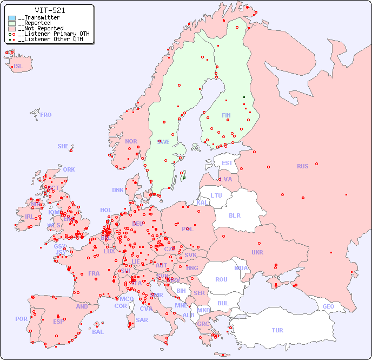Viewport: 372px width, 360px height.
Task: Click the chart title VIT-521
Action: (x=50, y=10)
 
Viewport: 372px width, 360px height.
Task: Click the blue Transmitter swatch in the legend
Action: (x=12, y=18)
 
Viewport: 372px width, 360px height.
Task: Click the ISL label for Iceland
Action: (x=18, y=67)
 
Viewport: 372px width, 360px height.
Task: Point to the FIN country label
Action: (x=226, y=115)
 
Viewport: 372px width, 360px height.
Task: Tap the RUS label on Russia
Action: (x=302, y=166)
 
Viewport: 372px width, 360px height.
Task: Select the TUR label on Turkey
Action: (x=277, y=330)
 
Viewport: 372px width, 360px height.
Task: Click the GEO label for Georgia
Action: (x=328, y=306)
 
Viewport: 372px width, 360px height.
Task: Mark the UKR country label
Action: (x=257, y=252)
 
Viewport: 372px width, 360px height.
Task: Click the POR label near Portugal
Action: (x=21, y=319)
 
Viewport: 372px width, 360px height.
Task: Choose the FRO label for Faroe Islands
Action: (x=46, y=115)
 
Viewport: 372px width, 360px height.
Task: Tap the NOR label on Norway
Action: (x=131, y=141)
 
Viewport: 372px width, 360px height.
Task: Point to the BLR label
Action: (x=235, y=215)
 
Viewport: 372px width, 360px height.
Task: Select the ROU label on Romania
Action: (x=221, y=279)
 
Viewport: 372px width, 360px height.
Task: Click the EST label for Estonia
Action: (x=227, y=163)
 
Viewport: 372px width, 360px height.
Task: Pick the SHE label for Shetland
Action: (x=63, y=146)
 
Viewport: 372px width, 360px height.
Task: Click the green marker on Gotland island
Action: (x=184, y=178)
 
